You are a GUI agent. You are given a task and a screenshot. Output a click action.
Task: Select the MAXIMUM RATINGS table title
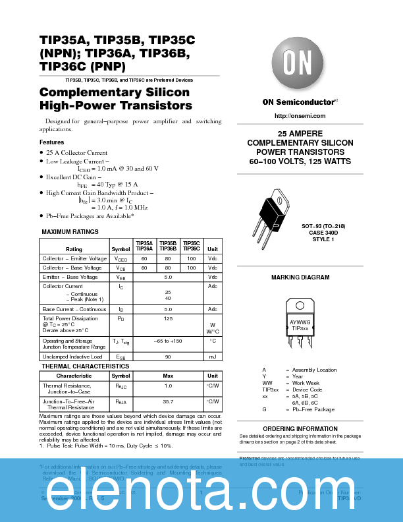(x=70, y=232)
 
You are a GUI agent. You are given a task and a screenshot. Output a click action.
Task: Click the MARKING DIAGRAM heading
(x=300, y=277)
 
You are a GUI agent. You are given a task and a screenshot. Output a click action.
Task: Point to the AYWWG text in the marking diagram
(x=300, y=322)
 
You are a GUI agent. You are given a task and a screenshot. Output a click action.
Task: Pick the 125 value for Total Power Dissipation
(x=168, y=318)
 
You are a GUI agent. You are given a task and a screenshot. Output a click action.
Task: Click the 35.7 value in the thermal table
(x=168, y=401)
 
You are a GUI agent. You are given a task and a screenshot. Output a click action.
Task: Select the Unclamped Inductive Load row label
(x=72, y=357)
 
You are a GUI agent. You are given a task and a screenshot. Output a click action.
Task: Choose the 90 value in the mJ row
(x=168, y=357)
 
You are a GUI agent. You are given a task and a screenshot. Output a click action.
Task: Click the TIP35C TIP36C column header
(x=191, y=246)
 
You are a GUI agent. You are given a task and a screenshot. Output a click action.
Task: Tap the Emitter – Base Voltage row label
(x=70, y=277)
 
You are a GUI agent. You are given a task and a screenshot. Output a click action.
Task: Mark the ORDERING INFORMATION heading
(x=300, y=429)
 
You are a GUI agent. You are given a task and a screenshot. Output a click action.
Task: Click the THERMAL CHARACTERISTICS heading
(x=86, y=366)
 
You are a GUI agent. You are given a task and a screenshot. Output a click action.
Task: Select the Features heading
(x=52, y=142)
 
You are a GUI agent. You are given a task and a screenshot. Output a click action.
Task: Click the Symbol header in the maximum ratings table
(x=121, y=249)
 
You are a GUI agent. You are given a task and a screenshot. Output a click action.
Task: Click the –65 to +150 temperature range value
(x=168, y=341)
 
